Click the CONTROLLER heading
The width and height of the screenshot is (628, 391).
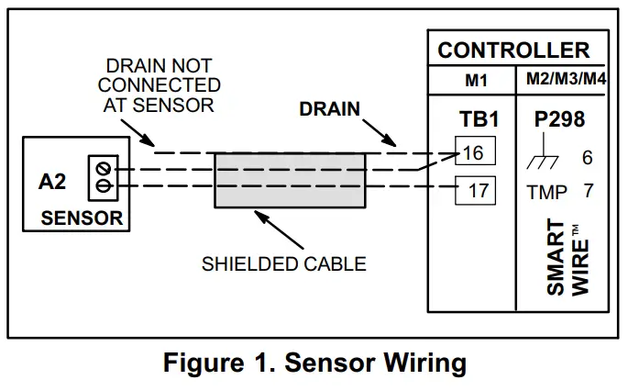[x=513, y=50]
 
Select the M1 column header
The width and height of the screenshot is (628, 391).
[x=476, y=81]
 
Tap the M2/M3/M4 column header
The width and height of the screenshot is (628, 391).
[x=566, y=80]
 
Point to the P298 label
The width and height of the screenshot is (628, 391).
[x=558, y=121]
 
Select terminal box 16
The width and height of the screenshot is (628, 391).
[x=475, y=152]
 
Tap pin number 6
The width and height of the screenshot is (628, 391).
[x=587, y=157]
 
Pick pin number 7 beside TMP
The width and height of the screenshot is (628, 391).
[x=587, y=192]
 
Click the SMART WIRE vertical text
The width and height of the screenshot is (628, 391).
[x=567, y=258]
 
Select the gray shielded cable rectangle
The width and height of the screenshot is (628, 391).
[x=290, y=179]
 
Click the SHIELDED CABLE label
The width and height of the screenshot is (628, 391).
[x=284, y=264]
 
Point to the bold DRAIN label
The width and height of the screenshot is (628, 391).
[x=329, y=110]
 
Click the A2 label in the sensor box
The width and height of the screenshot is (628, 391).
[x=52, y=182]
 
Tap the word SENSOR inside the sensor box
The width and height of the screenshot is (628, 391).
[x=82, y=218]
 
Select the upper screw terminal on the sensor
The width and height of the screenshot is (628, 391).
[x=103, y=169]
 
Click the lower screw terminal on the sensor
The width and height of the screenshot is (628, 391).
[x=103, y=187]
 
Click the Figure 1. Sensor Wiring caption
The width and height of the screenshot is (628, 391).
[x=314, y=363]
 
